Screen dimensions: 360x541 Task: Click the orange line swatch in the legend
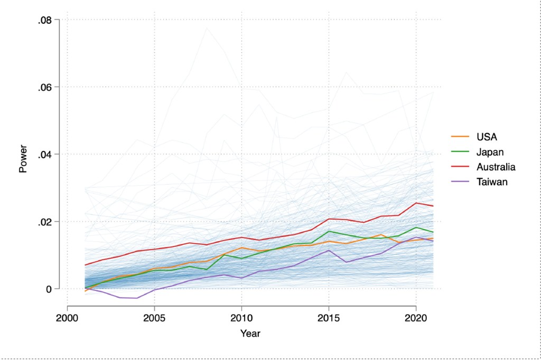(461, 137)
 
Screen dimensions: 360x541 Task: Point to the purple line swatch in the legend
(461, 182)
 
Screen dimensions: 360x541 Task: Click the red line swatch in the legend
(461, 167)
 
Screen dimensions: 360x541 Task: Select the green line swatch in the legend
(461, 152)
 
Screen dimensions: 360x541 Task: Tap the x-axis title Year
(250, 334)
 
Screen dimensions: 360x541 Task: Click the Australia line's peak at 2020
(416, 203)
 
